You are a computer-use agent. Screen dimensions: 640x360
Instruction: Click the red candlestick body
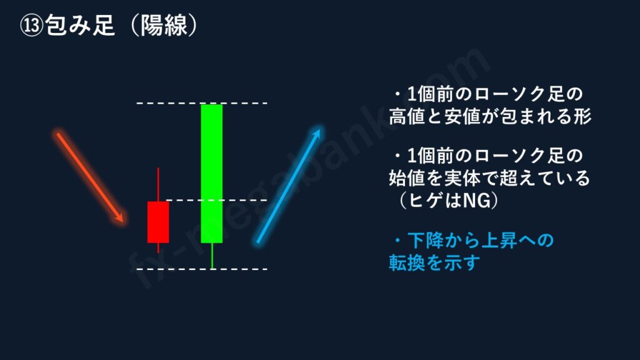click(x=158, y=222)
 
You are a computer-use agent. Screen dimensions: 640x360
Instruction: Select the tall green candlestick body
click(x=212, y=174)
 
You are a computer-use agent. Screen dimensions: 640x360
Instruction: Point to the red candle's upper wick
click(x=158, y=184)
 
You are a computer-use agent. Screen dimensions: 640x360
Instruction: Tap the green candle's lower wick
click(x=212, y=256)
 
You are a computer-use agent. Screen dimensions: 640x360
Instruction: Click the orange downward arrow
click(x=90, y=177)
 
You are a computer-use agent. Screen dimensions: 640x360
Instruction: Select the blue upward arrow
click(x=289, y=185)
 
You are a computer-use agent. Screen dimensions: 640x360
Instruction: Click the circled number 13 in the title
click(x=31, y=25)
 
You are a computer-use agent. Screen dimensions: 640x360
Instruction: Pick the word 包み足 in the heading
click(x=80, y=25)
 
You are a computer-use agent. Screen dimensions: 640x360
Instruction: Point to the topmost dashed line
click(x=202, y=103)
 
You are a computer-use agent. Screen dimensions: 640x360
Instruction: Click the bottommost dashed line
click(x=202, y=269)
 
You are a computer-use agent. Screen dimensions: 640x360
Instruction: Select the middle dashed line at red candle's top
click(x=217, y=201)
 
